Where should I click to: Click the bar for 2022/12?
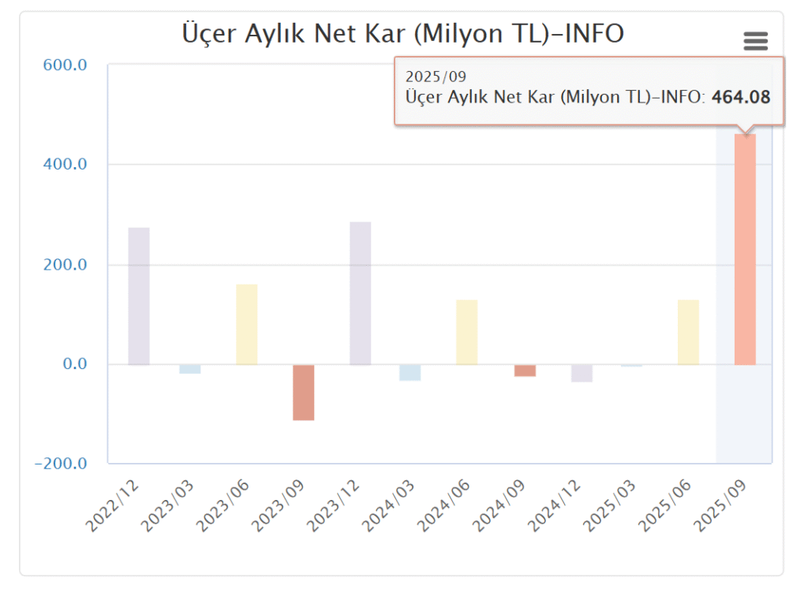[x=139, y=296]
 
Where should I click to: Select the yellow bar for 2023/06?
[x=246, y=324]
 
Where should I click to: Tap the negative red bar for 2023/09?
[x=304, y=392]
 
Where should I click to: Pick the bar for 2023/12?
[x=360, y=293]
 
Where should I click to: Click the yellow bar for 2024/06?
[x=466, y=332]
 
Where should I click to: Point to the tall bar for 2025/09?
[x=745, y=249]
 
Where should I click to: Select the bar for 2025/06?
[x=688, y=332]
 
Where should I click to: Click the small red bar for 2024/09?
[x=525, y=371]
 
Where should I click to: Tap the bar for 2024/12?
[x=582, y=373]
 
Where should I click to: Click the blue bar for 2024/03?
[x=410, y=372]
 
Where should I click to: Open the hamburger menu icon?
[x=755, y=41]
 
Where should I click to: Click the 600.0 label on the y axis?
[x=65, y=65]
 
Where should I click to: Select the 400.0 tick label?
[x=65, y=165]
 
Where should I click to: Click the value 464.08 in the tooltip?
[x=741, y=97]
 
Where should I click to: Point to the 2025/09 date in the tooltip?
[x=436, y=76]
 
